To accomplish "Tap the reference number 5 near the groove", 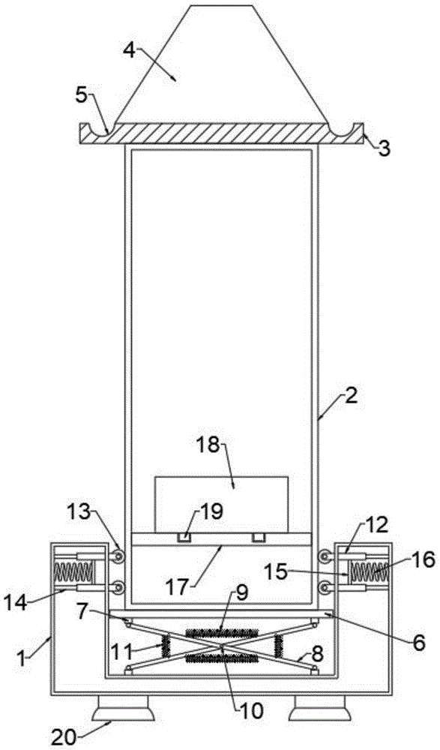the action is (82, 95).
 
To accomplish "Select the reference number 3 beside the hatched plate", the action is (384, 148).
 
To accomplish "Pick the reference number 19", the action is (211, 511).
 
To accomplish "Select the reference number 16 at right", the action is (424, 559).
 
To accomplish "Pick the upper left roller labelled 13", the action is (116, 555).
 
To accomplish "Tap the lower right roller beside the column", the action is (325, 586).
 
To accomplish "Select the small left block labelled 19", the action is (184, 538).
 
